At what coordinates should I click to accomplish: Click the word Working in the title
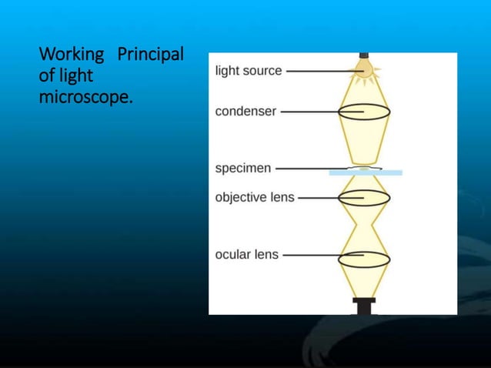click(x=72, y=56)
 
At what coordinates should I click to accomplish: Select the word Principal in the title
click(x=150, y=55)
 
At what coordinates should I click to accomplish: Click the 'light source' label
click(x=248, y=71)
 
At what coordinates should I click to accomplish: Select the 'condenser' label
click(x=245, y=111)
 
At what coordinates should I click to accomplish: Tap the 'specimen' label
click(x=242, y=168)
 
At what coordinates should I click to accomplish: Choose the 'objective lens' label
click(x=255, y=197)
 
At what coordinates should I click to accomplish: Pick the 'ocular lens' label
click(x=247, y=254)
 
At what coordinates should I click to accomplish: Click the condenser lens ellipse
click(x=364, y=112)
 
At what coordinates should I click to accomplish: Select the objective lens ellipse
click(x=364, y=197)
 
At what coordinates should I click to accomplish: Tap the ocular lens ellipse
click(x=364, y=259)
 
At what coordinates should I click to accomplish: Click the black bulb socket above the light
click(x=364, y=55)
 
